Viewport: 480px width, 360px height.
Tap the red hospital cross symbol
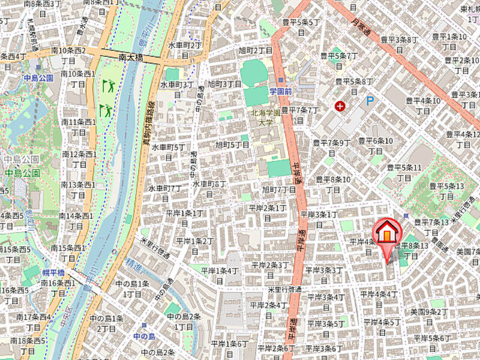(x=341, y=106)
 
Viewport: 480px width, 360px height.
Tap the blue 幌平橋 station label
(x=54, y=271)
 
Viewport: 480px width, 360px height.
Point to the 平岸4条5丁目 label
(x=379, y=327)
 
